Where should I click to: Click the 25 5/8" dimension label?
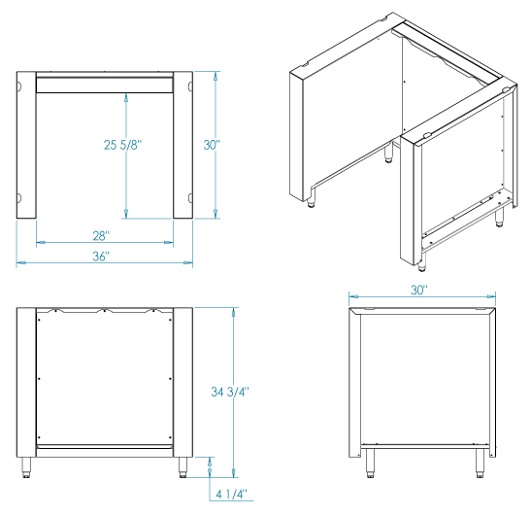coord(122,145)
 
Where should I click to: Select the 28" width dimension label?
coord(101,235)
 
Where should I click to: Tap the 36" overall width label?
coord(101,257)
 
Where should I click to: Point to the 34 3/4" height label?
coord(230,392)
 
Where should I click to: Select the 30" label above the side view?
coord(419,290)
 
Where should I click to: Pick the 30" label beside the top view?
coord(212,145)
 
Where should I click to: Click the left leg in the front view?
coord(26,467)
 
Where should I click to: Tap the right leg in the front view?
coord(183,467)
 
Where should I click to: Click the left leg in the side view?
coord(370,463)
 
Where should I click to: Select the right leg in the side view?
coord(480,463)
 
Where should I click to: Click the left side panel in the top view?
coord(26,145)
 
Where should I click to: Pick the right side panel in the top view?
coord(183,145)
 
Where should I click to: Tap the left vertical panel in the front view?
coord(26,383)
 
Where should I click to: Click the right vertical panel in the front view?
coord(183,383)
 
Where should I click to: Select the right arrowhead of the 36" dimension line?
coord(188,262)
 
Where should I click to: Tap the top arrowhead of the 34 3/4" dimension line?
coord(233,312)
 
